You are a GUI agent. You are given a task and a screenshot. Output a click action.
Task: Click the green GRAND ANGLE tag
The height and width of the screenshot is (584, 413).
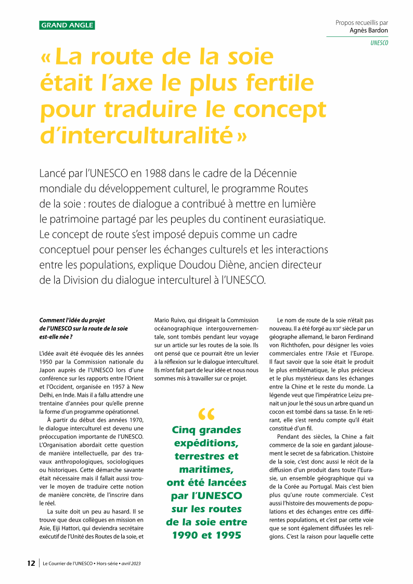point(67,25)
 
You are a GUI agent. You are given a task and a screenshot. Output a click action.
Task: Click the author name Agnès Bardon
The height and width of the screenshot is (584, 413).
point(369,31)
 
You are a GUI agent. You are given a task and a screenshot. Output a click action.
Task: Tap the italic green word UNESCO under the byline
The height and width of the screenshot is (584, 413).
point(379,43)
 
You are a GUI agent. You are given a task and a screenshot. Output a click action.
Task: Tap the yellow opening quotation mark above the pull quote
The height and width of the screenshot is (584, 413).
point(206,414)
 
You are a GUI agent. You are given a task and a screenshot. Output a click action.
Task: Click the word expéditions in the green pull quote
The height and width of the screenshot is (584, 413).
point(206,443)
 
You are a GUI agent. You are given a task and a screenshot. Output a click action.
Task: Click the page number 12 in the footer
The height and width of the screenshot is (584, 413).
point(31,563)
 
